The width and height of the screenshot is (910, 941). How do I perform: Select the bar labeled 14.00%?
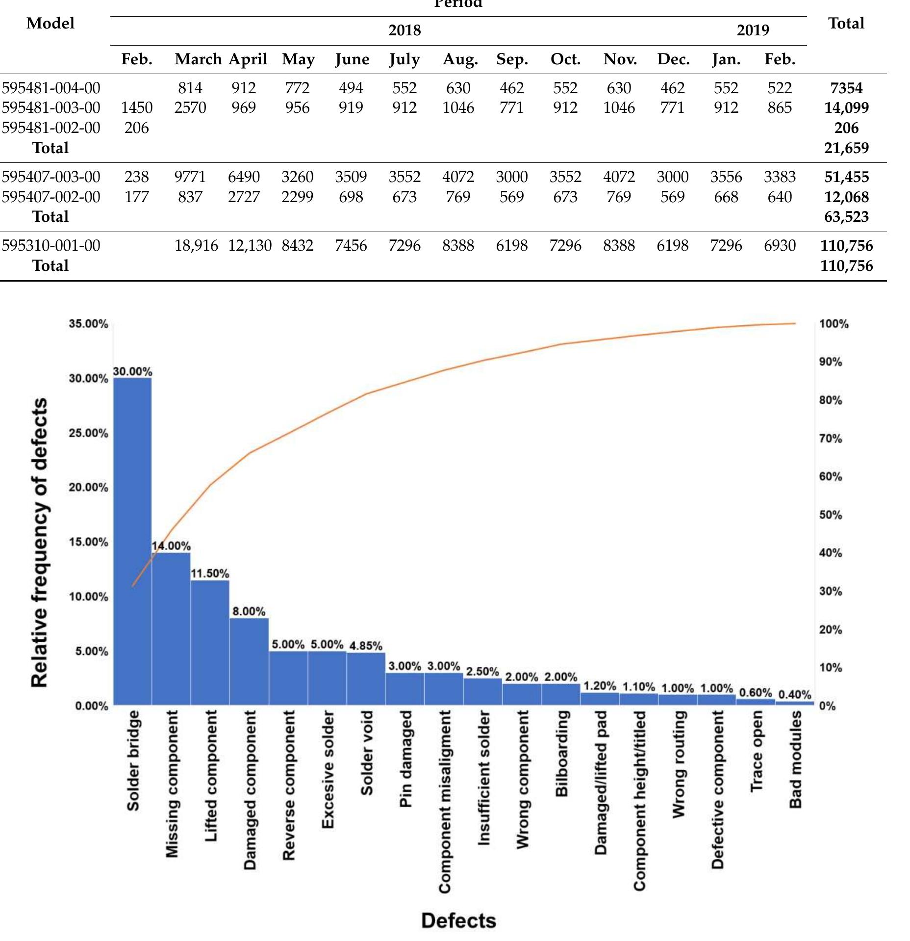(171, 629)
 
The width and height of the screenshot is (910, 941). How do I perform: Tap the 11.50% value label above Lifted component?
(210, 574)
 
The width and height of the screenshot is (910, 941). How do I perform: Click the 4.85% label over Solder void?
(366, 646)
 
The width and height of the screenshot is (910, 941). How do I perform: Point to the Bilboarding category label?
(562, 754)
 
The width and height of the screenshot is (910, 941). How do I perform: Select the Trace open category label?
(756, 751)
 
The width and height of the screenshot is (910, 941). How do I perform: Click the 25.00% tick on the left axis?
(89, 433)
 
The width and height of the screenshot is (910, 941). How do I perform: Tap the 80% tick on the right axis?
(831, 400)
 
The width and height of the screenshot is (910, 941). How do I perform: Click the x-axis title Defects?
(458, 921)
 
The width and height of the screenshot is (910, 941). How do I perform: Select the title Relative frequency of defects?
(39, 542)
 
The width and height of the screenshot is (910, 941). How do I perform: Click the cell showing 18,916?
(196, 245)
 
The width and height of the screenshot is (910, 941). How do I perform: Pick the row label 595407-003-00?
(51, 177)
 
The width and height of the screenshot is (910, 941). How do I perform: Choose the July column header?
(404, 59)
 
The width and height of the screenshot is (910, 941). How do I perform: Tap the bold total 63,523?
(846, 217)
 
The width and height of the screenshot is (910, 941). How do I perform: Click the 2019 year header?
(753, 30)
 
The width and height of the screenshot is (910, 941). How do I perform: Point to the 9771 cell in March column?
(190, 177)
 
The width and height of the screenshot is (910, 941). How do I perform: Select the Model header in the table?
(51, 23)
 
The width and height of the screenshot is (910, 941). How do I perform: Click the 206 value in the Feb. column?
(136, 128)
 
